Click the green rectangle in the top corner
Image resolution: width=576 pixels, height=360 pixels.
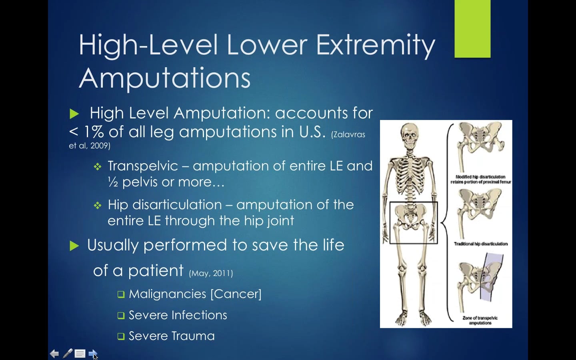tap(472, 29)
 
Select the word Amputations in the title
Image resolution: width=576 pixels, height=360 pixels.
tap(165, 78)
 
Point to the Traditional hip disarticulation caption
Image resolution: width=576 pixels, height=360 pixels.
tap(480, 244)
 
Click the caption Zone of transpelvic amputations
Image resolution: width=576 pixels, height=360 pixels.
tap(480, 320)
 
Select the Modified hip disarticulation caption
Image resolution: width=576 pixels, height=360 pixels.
tap(480, 179)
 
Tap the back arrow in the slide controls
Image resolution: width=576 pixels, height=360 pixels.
tap(54, 354)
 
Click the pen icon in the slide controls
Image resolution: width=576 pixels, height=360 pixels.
tap(68, 353)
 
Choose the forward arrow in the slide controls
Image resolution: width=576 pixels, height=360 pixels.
tap(92, 354)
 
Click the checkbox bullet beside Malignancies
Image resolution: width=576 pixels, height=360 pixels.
tap(121, 295)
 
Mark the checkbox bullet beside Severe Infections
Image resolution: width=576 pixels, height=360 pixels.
tap(121, 316)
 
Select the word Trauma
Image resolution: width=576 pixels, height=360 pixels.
tap(194, 336)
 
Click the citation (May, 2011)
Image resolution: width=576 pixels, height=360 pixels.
tap(211, 273)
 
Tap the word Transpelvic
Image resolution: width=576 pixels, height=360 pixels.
tap(143, 166)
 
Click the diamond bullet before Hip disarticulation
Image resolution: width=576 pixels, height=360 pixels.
tap(98, 206)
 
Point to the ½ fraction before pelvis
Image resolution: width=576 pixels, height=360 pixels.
tap(113, 182)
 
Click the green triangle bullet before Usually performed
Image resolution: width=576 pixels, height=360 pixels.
tap(74, 246)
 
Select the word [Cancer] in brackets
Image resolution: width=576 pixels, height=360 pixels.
tap(236, 294)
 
